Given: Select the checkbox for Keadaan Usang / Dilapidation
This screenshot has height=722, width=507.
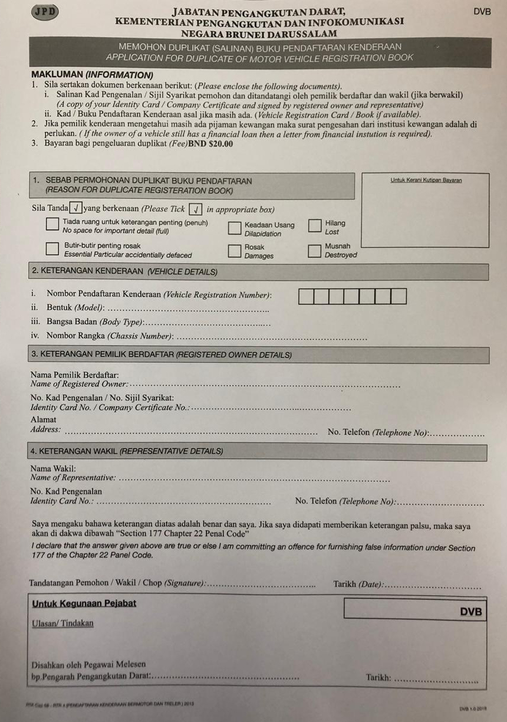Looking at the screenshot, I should pos(235,228).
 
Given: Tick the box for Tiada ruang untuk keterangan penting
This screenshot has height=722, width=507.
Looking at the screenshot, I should pos(52,225).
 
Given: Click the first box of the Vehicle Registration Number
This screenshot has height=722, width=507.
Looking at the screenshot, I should pos(306,296).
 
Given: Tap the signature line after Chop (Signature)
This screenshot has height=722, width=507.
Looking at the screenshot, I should pos(262,586).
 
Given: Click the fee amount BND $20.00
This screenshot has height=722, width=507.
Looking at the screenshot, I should pos(210,144).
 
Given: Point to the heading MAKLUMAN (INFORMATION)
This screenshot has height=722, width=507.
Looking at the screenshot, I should pos(92,76).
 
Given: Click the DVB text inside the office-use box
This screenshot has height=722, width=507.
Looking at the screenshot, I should pos(471,612).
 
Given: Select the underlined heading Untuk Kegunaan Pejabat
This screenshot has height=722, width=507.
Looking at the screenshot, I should pos(84,603).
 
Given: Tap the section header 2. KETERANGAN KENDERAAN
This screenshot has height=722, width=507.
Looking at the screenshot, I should pos(124,272).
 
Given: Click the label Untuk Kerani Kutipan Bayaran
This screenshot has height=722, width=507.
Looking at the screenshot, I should pos(426,180).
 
